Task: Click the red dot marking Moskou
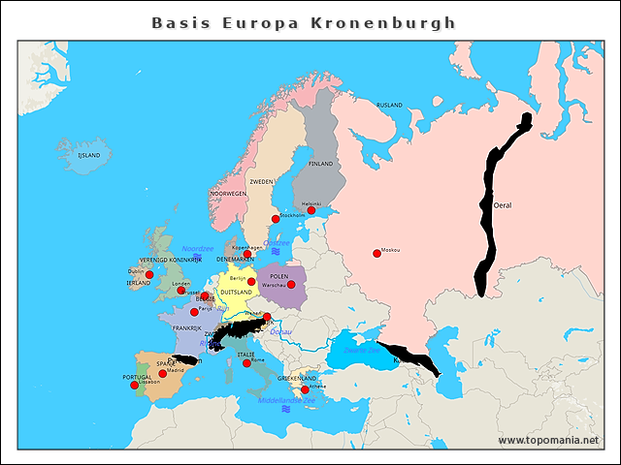pos(376,254)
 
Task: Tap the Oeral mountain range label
pos(503,205)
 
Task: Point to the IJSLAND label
pos(89,155)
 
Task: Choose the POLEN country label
pos(279,276)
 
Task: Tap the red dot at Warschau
pos(290,285)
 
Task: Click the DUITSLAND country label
pos(236,292)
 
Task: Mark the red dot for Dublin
pos(149,275)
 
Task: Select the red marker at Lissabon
pos(134,386)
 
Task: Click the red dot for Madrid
pos(162,374)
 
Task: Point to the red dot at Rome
pos(247,363)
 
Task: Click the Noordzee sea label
pos(197,248)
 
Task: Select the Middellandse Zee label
pos(286,399)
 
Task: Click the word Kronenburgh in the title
pos(400,22)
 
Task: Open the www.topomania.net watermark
pos(548,440)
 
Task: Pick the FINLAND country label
pos(320,164)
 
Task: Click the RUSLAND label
pos(389,105)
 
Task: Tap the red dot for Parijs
pos(194,312)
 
